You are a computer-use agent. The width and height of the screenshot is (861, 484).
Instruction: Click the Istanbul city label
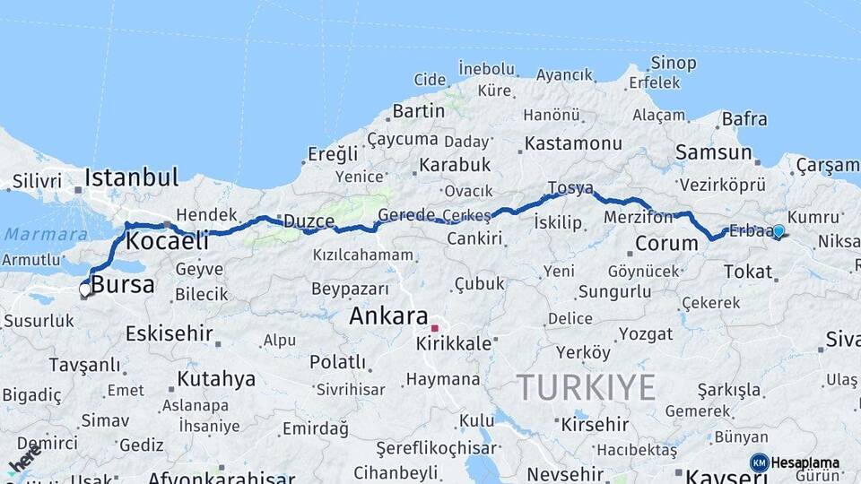coord(131,177)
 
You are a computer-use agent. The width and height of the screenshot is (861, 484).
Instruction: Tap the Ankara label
coord(388,315)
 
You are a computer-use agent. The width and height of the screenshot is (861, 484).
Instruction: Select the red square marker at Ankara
coord(435,328)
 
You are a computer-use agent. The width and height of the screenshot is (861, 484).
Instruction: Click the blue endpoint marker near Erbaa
coord(778,231)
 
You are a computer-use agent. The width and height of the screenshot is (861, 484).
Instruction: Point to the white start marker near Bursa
coord(85,290)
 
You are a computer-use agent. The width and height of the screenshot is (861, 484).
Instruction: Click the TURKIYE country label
coord(586,387)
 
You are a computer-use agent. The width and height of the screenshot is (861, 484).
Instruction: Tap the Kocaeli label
coord(167,240)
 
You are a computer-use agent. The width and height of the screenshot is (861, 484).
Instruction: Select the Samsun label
coord(714,152)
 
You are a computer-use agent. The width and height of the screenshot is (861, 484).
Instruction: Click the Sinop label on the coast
coord(673,63)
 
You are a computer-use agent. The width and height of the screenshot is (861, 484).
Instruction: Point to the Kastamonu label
coord(573,143)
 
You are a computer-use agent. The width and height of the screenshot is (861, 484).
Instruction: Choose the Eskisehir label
coord(169,333)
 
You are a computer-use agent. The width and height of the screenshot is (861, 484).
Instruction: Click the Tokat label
coord(747,272)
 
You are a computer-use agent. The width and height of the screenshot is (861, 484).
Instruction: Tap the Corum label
coord(666,243)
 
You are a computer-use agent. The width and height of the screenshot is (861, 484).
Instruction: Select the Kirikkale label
coord(454,343)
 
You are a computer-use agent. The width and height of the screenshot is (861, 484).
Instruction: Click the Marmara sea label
coord(33,234)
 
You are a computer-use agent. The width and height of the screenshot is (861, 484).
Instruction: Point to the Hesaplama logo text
coord(805,463)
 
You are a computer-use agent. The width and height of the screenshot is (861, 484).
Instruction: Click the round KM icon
coord(759,463)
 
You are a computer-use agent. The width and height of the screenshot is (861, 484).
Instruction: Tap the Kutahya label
coord(216,378)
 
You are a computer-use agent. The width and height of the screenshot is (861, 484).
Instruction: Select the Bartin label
coord(418,111)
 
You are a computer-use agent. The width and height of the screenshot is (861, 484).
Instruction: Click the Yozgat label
coord(645,333)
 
